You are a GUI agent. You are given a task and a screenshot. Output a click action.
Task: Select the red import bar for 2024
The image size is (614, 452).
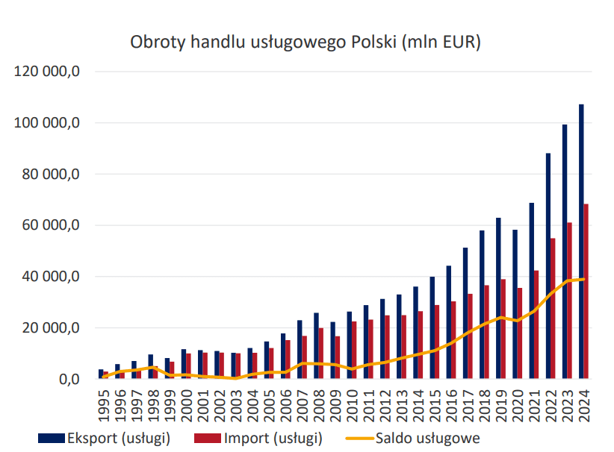pos(586,291)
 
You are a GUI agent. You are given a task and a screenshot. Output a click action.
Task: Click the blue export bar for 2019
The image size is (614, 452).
pos(498,298)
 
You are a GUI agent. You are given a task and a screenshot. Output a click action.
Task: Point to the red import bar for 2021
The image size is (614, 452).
pos(536,324)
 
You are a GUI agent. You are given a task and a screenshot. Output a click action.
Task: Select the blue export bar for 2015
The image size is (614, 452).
pos(432,327)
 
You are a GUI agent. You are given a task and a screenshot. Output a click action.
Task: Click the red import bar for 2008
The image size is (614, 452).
pos(321,353)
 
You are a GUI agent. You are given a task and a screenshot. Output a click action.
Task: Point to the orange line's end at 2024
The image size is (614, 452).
pos(583,279)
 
